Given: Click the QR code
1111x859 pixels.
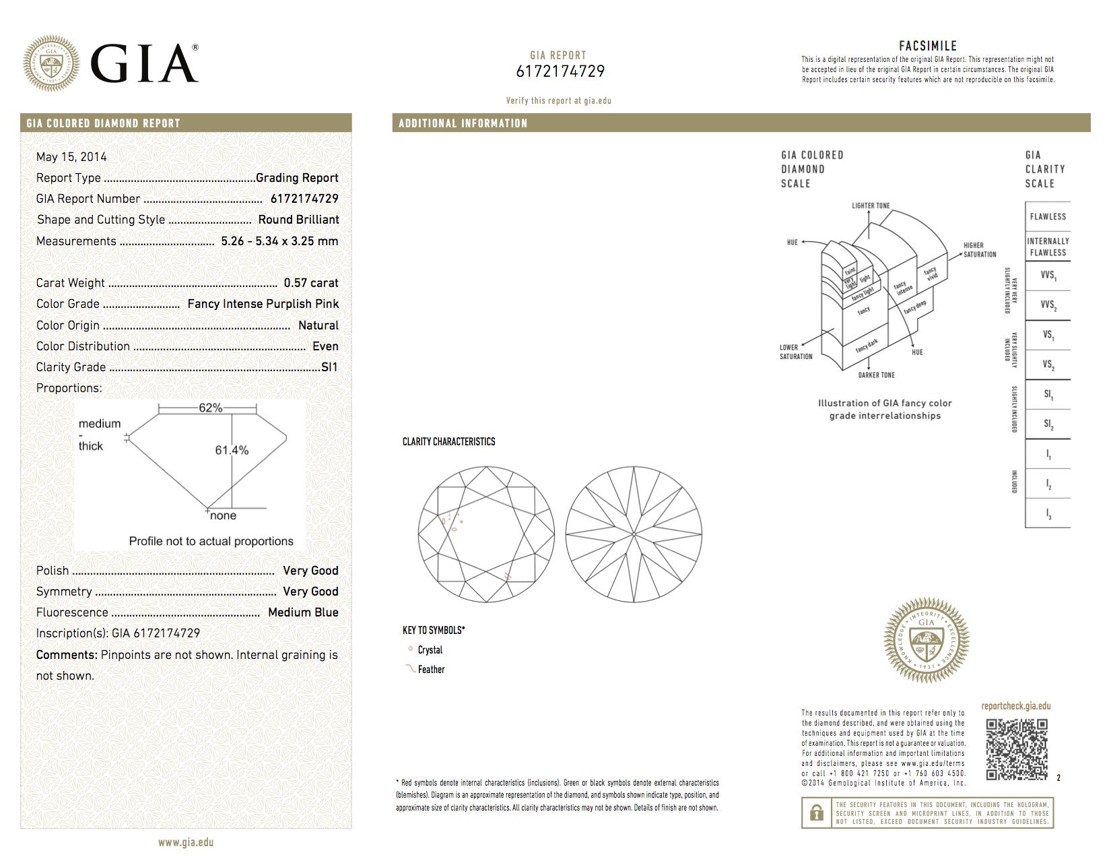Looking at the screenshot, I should [x=1017, y=749].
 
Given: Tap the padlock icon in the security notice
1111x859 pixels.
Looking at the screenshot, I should [x=817, y=813].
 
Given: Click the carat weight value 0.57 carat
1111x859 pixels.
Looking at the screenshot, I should [x=311, y=283].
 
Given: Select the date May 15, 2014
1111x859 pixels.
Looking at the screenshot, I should [x=71, y=157].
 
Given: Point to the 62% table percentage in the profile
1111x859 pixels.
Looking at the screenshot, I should [x=210, y=408].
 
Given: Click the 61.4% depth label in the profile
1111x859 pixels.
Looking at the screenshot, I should [x=232, y=450].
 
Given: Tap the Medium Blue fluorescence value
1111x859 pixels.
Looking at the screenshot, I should [x=303, y=612].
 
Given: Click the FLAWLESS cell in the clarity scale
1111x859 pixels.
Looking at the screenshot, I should [x=1048, y=217].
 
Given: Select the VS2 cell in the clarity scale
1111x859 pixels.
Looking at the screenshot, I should [x=1048, y=365].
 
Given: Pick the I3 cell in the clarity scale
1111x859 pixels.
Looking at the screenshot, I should [x=1048, y=514].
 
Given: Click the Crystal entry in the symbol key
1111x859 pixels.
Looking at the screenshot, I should [x=430, y=650].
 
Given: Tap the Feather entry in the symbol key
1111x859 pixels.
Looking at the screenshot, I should [x=431, y=670].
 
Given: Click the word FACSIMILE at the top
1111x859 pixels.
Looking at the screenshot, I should [x=927, y=46].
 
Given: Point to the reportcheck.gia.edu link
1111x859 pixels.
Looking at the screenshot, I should [x=1015, y=706].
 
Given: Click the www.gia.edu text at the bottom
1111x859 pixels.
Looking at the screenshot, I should [x=185, y=842].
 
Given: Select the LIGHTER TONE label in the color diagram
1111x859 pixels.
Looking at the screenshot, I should [x=870, y=205].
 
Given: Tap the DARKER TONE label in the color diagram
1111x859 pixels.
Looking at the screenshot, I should [x=876, y=375].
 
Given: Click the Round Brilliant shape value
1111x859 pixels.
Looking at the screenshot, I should [x=298, y=220].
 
